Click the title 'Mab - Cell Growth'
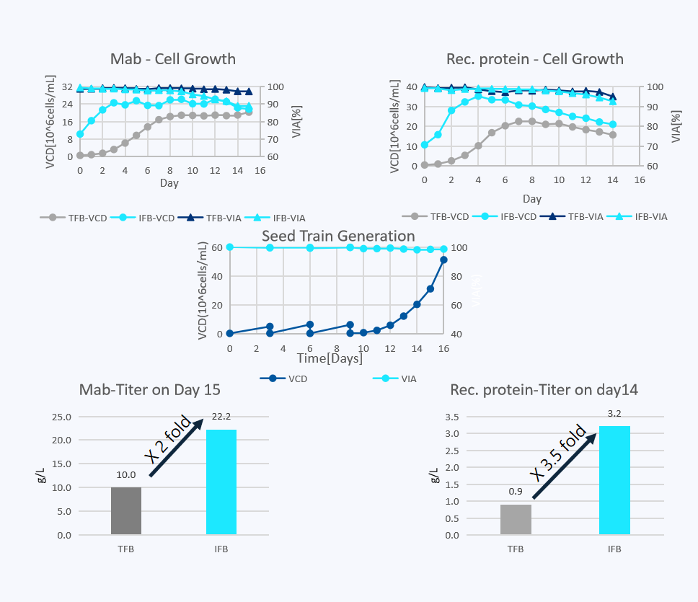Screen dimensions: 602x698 coord(172,59)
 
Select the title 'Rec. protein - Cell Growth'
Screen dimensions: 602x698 coord(534,59)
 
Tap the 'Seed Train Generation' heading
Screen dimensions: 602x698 coord(337,236)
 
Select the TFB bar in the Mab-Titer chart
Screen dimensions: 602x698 coord(126,511)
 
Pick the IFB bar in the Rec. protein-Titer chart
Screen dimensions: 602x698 coord(614,480)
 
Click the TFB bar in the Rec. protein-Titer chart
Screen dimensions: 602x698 coord(516,519)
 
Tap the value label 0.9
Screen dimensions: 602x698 coord(515,492)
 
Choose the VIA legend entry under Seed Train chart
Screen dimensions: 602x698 coord(394,378)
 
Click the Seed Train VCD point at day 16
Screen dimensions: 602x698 coord(443,260)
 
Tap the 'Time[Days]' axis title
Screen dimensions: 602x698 coord(330,358)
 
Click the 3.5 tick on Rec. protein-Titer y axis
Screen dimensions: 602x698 coord(471,417)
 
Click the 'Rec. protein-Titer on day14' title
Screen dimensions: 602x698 coord(544,390)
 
